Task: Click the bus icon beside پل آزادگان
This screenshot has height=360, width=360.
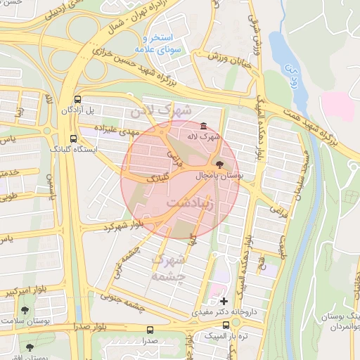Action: pyautogui.click(x=77, y=99)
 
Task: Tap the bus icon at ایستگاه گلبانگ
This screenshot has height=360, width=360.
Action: pyautogui.click(x=74, y=139)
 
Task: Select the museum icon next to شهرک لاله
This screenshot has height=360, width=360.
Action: pyautogui.click(x=203, y=126)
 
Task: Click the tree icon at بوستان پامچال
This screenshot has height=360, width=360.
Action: pyautogui.click(x=221, y=165)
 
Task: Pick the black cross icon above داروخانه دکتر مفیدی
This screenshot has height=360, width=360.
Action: pyautogui.click(x=224, y=300)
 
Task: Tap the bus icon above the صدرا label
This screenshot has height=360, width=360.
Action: pyautogui.click(x=150, y=330)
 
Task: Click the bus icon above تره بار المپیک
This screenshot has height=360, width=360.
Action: pyautogui.click(x=226, y=326)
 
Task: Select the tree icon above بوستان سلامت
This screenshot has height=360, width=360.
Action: pyautogui.click(x=25, y=309)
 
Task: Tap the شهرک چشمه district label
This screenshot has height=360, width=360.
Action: pyautogui.click(x=169, y=269)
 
